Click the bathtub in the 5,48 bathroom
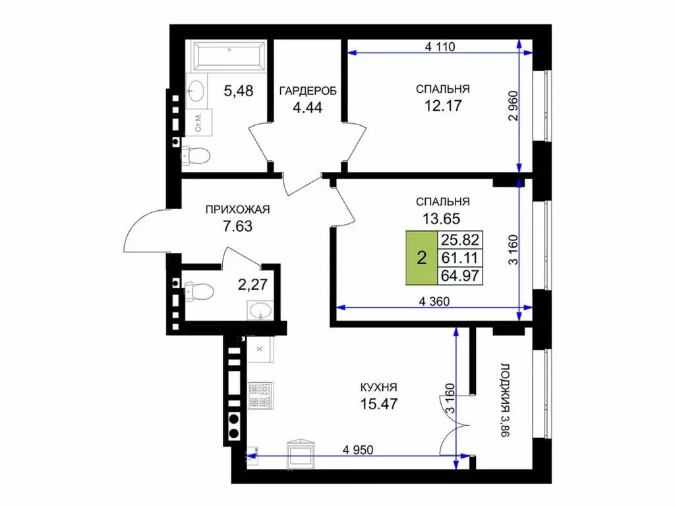[228, 55]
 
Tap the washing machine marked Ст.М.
[199, 122]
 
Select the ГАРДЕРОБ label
[308, 91]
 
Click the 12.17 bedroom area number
[443, 105]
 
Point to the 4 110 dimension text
[440, 47]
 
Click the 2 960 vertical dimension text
[514, 106]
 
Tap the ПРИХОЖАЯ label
[237, 210]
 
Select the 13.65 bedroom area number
[441, 219]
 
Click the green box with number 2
[422, 258]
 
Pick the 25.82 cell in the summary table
[460, 240]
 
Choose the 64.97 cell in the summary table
[460, 276]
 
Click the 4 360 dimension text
[434, 301]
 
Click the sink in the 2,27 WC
[260, 310]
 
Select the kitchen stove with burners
[261, 395]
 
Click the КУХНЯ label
[379, 387]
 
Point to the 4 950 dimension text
[358, 449]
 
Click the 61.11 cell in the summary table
[460, 258]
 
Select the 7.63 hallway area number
[237, 226]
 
